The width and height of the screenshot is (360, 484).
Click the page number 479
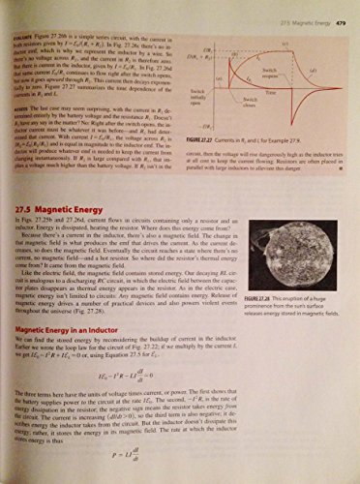pyautogui.click(x=343, y=10)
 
